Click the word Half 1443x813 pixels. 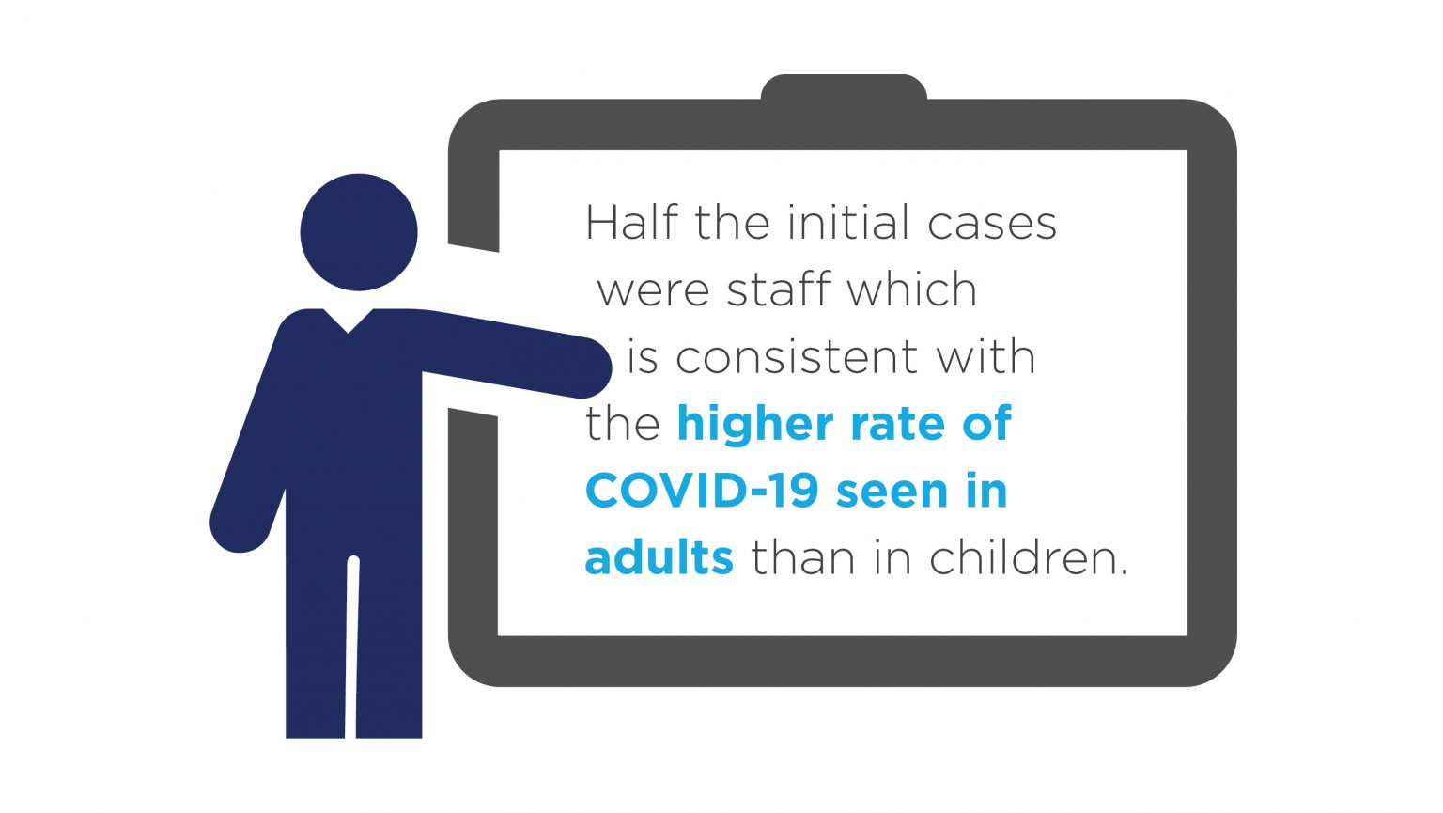(631, 222)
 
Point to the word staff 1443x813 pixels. (778, 289)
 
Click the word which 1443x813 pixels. (912, 289)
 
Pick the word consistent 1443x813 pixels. (797, 357)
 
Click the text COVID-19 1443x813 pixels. (702, 491)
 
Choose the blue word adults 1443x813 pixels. (659, 557)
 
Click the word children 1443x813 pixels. (1029, 557)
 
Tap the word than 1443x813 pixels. (803, 557)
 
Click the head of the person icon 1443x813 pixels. (359, 232)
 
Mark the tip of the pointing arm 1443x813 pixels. (609, 367)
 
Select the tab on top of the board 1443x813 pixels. (844, 87)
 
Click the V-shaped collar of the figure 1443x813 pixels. (348, 321)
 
